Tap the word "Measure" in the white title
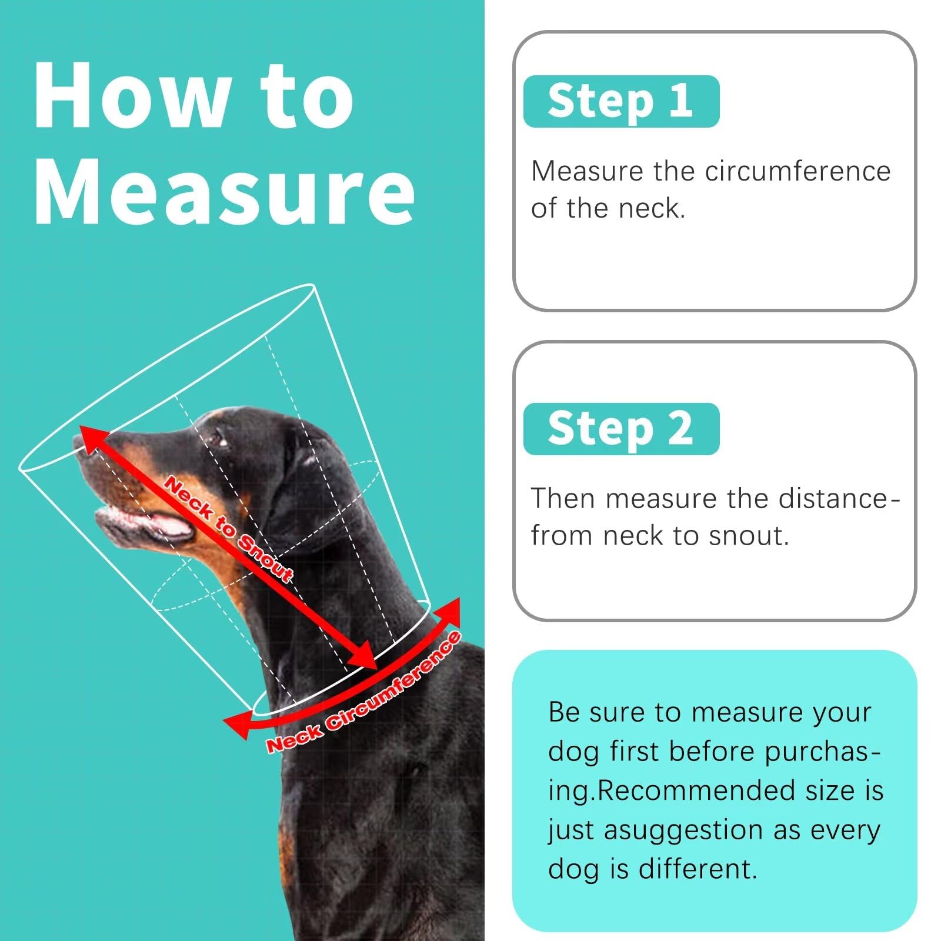[x=225, y=191]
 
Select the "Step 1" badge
[x=621, y=101]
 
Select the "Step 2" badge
[x=621, y=429]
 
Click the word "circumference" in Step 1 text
[x=797, y=171]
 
